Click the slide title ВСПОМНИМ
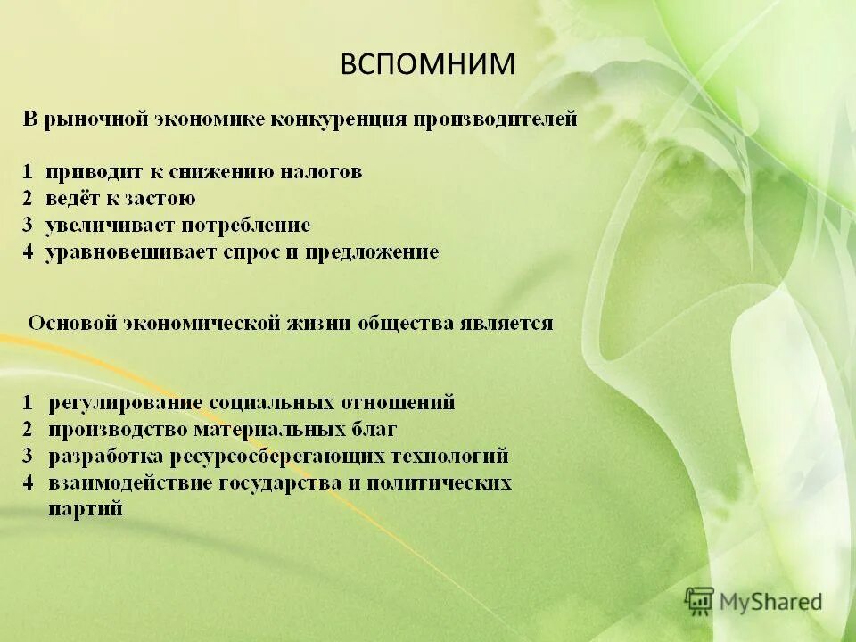tap(428, 64)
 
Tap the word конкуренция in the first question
tap(340, 119)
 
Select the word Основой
tap(72, 323)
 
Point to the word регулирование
tap(124, 403)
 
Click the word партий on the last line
tap(86, 510)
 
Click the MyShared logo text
tap(772, 602)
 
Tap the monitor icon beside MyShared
tap(700, 601)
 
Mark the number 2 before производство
tap(29, 430)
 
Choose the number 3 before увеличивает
tap(29, 226)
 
